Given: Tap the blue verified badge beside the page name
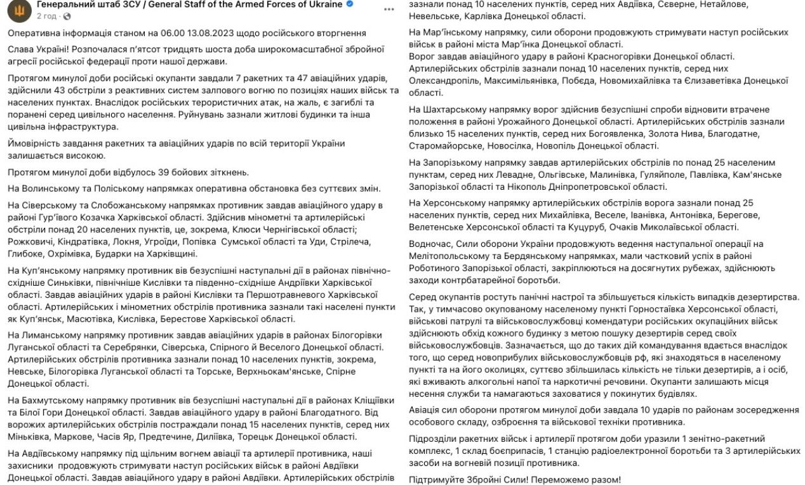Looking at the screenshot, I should pos(349,4).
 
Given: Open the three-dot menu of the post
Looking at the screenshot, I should pos(389,9).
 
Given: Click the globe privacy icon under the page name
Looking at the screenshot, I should pos(68,16).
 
